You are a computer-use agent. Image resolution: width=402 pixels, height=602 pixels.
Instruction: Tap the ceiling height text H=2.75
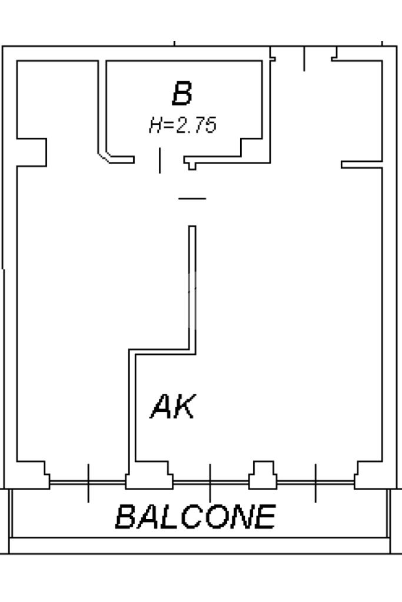(x=182, y=125)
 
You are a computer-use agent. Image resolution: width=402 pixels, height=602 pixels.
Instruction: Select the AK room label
(x=172, y=407)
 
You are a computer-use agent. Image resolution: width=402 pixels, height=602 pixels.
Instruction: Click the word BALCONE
(x=195, y=517)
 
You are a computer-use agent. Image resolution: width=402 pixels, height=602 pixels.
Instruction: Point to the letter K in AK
(x=183, y=407)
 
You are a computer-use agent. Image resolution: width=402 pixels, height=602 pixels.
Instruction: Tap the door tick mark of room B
(x=160, y=161)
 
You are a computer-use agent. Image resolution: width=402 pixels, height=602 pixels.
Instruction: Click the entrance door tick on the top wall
(x=304, y=59)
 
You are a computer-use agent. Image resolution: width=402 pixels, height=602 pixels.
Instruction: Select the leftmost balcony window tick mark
(x=88, y=483)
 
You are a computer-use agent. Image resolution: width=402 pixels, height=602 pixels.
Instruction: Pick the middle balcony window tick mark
(x=210, y=483)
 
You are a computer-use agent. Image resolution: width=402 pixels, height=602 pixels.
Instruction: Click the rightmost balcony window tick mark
(x=315, y=483)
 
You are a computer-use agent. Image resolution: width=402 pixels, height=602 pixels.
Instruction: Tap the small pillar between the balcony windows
(x=263, y=475)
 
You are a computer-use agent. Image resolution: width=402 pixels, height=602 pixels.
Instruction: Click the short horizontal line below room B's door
(x=192, y=198)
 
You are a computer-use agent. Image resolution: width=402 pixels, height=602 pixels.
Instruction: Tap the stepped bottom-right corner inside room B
(x=250, y=147)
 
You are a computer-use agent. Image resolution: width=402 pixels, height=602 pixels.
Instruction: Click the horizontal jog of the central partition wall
(x=161, y=351)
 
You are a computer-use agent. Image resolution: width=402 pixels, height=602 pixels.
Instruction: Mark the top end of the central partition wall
(x=192, y=228)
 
